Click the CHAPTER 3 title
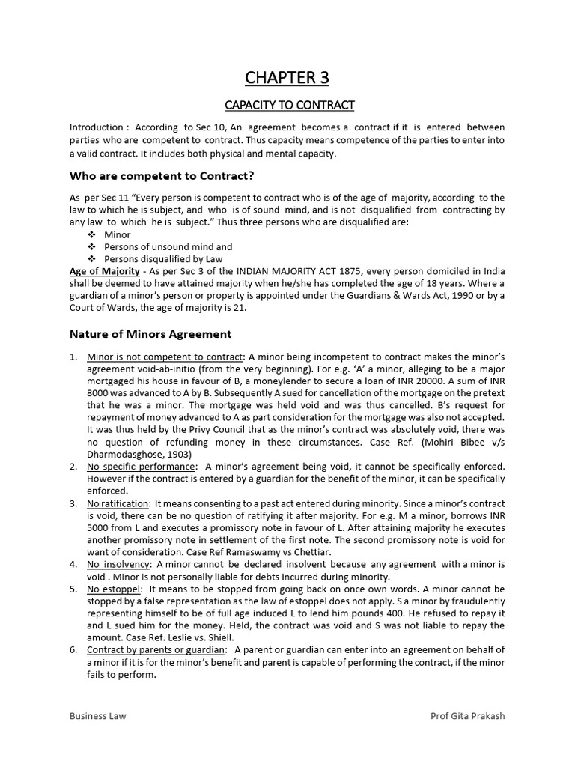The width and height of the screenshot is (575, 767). point(287,78)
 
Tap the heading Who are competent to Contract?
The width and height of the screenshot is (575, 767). point(162,176)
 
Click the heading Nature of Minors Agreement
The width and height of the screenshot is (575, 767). point(150,334)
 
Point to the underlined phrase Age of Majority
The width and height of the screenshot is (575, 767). point(104,271)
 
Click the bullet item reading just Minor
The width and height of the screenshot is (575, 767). point(118,235)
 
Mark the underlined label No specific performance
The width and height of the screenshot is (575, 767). point(130,467)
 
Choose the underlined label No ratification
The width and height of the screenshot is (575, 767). point(118,503)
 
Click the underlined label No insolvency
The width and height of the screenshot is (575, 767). point(118,564)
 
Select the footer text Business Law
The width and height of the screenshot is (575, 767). point(98,715)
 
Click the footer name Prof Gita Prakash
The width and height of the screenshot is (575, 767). point(467,715)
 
